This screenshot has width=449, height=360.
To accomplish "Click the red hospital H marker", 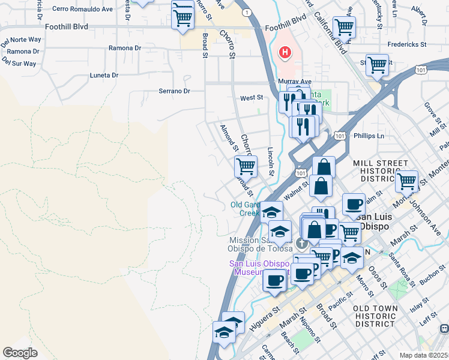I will click(x=284, y=53).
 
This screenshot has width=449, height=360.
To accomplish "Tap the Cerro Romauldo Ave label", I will click(x=82, y=10).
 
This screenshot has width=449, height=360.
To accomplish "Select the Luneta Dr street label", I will click(x=104, y=75).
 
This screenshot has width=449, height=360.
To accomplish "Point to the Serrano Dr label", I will click(x=174, y=91).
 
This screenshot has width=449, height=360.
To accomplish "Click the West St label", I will click(x=252, y=97).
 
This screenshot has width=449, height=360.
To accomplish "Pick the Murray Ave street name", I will click(x=295, y=81).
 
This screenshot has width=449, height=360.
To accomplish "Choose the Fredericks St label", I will click(x=406, y=44).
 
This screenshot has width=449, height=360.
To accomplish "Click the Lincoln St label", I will click(x=271, y=161).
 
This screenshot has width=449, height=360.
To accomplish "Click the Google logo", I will click(x=20, y=352).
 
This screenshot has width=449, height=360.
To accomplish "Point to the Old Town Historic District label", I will click(x=382, y=316).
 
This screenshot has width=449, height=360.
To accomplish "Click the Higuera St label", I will click(x=267, y=313).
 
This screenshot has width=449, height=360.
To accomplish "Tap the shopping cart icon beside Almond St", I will click(x=246, y=166).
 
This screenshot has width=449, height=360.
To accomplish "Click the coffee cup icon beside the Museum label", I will click(x=276, y=280).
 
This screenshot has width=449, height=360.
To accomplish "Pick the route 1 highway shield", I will click(x=246, y=13).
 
